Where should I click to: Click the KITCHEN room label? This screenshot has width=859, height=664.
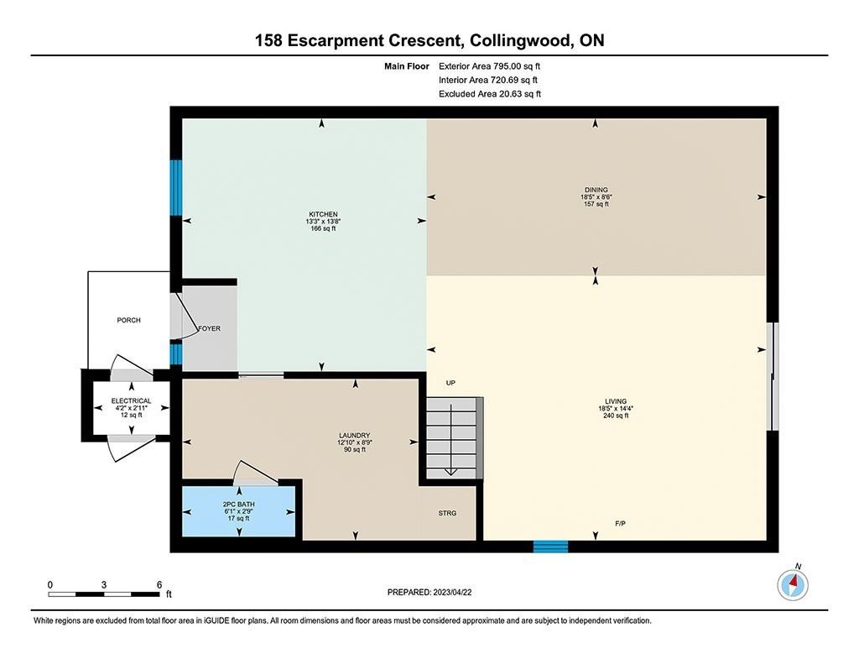pos(323,214)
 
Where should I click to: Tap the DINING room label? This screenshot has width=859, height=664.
pos(596,191)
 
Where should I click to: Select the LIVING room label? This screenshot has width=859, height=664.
pos(616,401)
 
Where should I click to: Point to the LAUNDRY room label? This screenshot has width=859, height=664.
pos(355,436)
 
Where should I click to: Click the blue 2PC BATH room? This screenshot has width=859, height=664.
pos(239,511)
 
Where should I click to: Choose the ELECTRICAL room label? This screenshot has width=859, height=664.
pos(131,400)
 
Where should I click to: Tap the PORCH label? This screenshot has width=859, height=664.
pos(128,320)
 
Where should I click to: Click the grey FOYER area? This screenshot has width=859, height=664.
pos(210,328)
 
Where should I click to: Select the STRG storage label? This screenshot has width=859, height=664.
pos(447,513)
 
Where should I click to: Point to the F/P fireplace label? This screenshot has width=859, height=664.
pos(620,524)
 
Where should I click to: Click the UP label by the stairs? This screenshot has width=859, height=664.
pos(450,384)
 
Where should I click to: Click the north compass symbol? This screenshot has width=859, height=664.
pos(792,584)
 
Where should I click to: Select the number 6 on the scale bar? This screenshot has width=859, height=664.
pos(159,585)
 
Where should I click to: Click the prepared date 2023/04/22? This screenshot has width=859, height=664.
pos(452,592)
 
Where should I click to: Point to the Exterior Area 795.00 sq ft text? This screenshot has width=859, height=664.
pos(489,66)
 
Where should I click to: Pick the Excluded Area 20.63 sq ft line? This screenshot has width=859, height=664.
pos(490,94)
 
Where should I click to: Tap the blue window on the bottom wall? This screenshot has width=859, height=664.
pos(550,546)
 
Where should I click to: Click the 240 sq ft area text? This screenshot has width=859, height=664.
pos(616,416)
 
